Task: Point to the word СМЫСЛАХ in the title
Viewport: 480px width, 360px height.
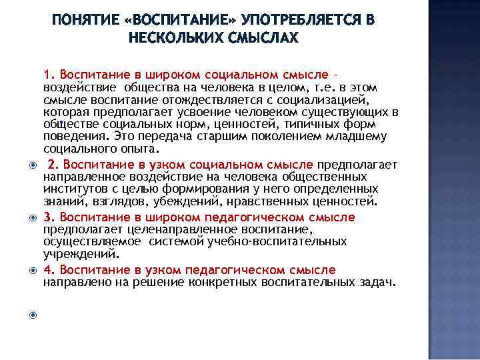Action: [261, 38]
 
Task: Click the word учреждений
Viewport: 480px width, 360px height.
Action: [80, 253]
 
